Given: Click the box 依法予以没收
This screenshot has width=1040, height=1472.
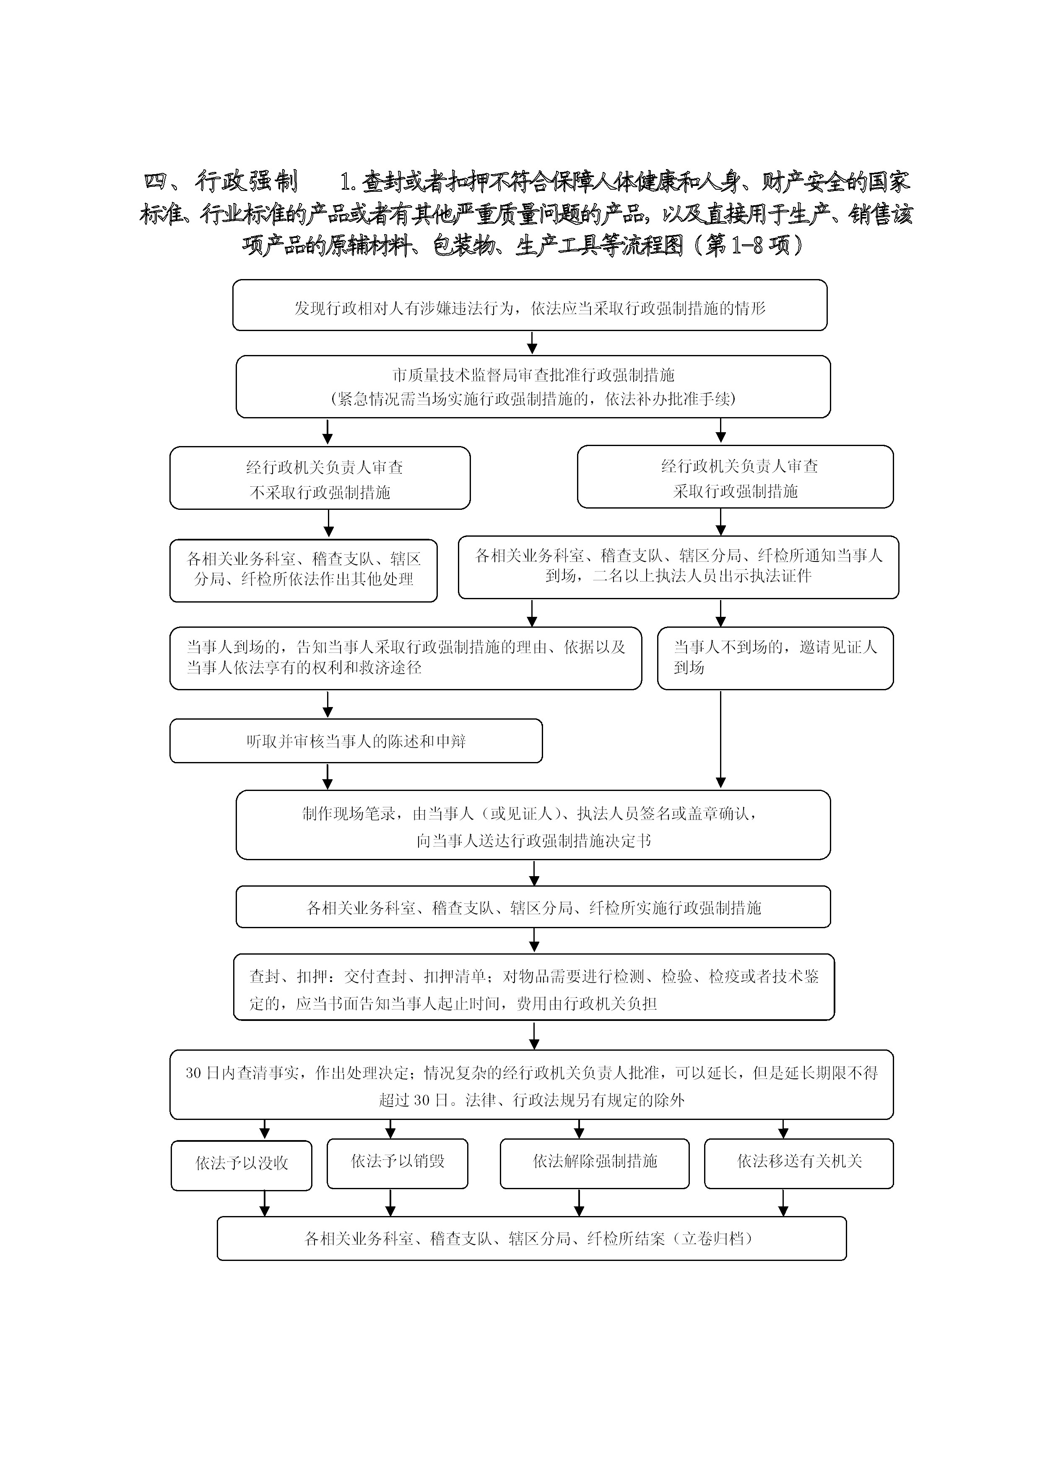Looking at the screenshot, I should pyautogui.click(x=242, y=1164).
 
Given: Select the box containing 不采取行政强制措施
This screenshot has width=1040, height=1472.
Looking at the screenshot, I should pyautogui.click(x=320, y=478).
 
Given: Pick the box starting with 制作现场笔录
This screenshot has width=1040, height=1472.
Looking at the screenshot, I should pyautogui.click(x=533, y=825).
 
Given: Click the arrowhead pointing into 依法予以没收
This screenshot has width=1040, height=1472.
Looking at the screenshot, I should pyautogui.click(x=265, y=1133).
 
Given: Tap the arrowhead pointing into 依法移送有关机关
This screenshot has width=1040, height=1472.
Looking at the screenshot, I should pyautogui.click(x=783, y=1133).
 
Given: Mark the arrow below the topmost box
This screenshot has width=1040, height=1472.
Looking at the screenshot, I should pyautogui.click(x=532, y=344).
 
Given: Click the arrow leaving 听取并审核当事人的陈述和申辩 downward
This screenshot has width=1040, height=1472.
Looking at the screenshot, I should pyautogui.click(x=328, y=777).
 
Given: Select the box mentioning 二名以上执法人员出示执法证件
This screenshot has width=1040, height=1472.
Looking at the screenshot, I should pyautogui.click(x=678, y=567).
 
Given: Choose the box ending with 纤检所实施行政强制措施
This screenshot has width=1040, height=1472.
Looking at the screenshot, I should pyautogui.click(x=533, y=907).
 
